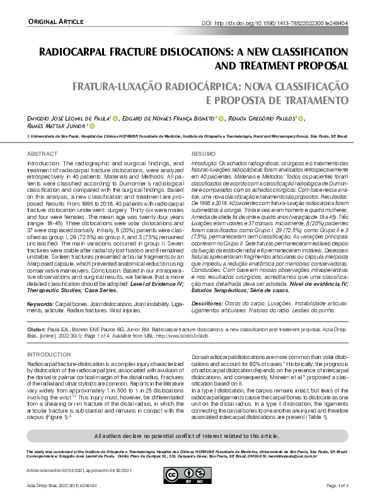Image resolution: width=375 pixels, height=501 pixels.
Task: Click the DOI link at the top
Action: (275, 23)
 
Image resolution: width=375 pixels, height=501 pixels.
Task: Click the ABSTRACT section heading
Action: (42, 154)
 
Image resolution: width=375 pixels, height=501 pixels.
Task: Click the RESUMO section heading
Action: (202, 154)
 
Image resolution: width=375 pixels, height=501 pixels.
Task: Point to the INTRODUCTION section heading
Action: (49, 355)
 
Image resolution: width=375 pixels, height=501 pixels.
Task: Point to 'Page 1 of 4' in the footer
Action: (338, 485)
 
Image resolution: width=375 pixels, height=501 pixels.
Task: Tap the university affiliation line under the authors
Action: (187, 136)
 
